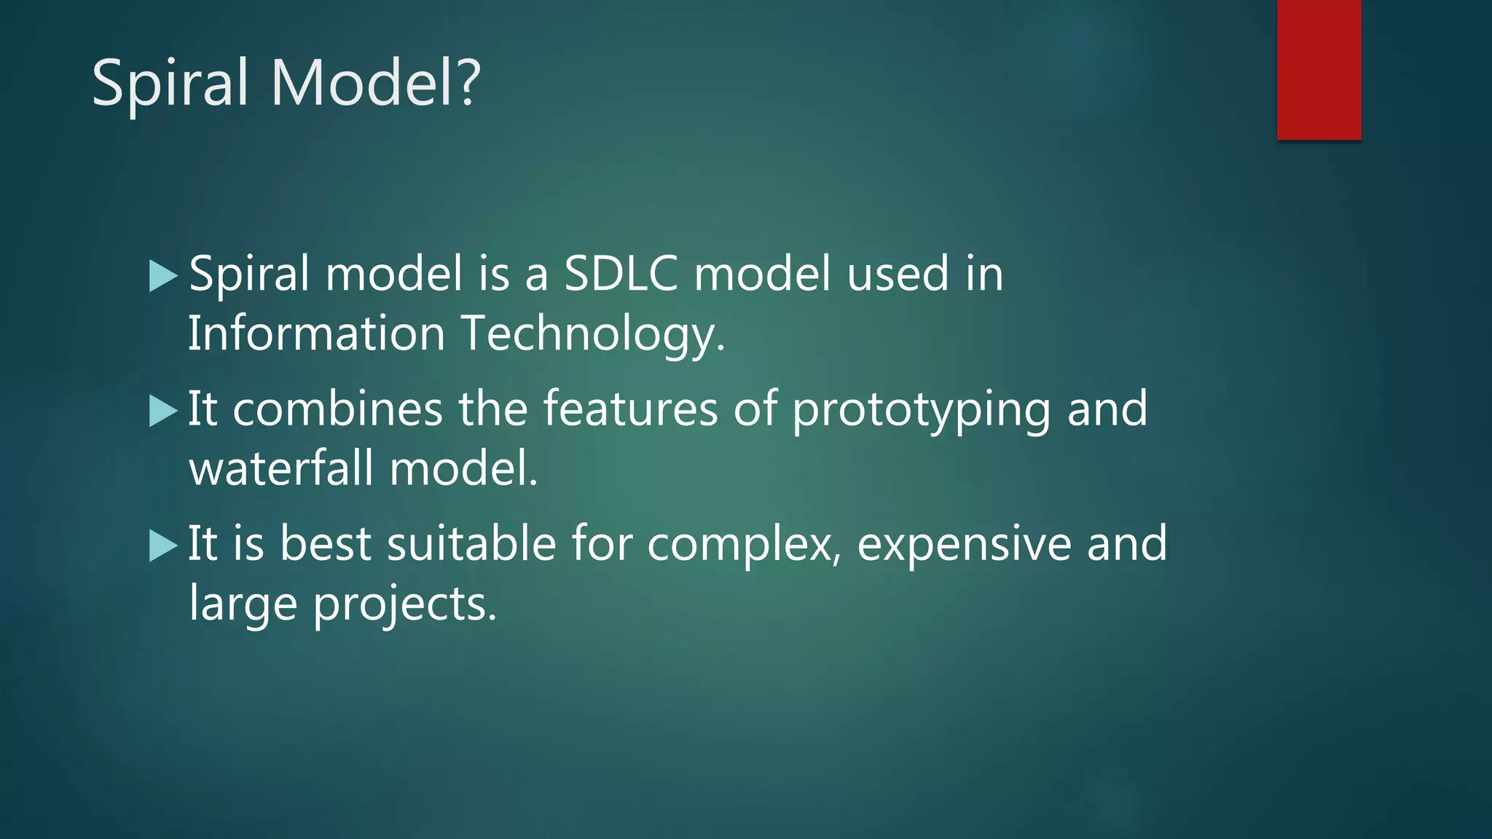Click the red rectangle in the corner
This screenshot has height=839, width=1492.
pos(1319,70)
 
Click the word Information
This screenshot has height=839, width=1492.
pos(316,334)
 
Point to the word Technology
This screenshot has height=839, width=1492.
pos(593,335)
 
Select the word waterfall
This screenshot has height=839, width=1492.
pos(281,468)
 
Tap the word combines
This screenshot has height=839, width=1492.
pos(337,409)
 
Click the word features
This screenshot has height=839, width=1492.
pos(631,409)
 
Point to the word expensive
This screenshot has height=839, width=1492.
pos(964,545)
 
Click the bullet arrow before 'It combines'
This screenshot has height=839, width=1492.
pos(162,411)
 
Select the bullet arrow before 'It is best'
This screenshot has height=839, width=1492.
pos(162,546)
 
